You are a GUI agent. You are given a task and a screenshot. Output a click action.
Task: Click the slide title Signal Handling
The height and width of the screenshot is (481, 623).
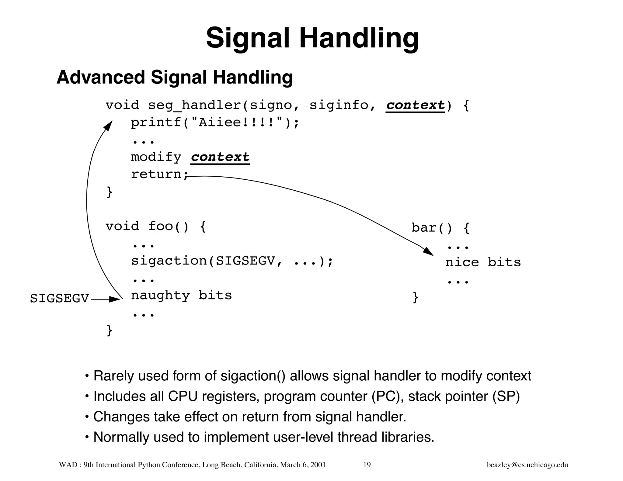click(312, 38)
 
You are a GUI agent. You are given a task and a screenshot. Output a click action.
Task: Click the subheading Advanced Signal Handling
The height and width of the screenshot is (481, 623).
click(175, 77)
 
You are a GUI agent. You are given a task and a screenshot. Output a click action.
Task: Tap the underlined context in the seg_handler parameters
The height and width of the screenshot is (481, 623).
click(415, 105)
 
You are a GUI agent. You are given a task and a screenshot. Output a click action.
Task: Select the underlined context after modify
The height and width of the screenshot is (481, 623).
click(220, 157)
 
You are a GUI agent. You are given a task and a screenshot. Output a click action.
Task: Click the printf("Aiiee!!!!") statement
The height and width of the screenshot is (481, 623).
click(215, 123)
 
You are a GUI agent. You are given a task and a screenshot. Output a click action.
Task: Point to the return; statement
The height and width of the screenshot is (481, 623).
click(160, 174)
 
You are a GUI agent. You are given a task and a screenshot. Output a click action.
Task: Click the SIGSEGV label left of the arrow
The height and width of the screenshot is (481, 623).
click(59, 299)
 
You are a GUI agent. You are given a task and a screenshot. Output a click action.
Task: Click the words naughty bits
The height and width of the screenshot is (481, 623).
click(181, 296)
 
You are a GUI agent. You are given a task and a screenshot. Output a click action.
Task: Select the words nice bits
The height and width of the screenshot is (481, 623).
click(483, 262)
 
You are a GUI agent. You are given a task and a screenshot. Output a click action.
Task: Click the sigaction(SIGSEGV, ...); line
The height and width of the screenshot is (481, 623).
click(232, 261)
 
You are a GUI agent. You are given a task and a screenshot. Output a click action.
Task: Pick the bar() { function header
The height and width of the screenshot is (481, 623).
click(440, 228)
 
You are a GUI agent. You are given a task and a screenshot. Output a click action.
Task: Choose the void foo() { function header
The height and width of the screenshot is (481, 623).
click(156, 227)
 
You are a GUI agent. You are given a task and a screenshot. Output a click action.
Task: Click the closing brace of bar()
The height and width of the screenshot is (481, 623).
click(416, 297)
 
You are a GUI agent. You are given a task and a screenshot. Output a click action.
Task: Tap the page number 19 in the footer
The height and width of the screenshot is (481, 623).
click(367, 465)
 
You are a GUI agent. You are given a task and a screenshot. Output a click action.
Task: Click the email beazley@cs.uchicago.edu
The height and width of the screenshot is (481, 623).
click(527, 465)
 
